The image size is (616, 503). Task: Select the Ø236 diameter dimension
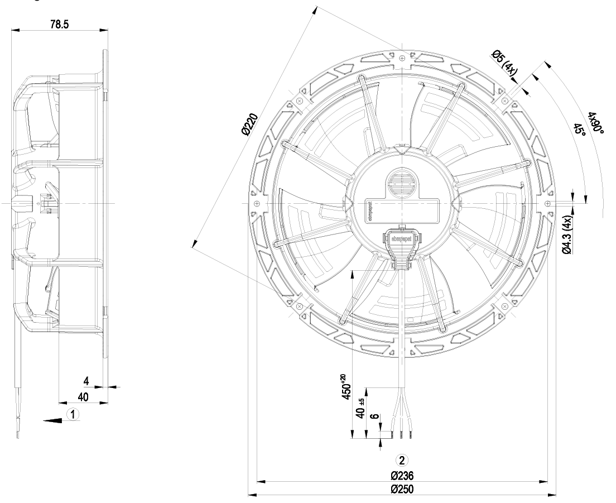point(402,476)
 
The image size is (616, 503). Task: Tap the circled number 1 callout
point(72,414)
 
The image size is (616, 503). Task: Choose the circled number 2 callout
point(401,460)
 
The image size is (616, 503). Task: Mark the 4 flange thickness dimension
point(86,381)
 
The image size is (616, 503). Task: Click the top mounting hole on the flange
point(402,57)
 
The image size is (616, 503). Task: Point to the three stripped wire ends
point(401,434)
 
